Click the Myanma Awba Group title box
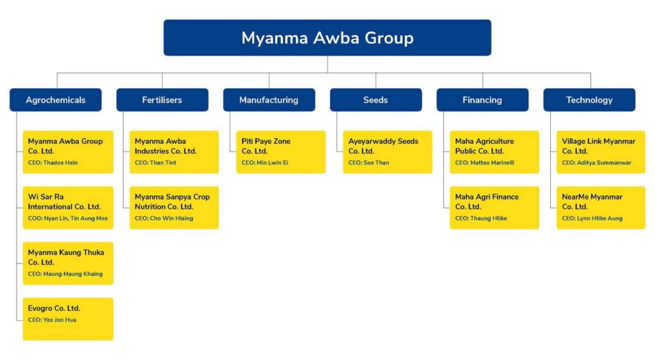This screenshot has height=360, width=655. tap(327, 38)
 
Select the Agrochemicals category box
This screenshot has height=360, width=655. tap(56, 100)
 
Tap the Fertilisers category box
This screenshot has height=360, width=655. tap(162, 100)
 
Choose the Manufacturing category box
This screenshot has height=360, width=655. tap(269, 100)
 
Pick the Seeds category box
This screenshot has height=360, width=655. tap(375, 100)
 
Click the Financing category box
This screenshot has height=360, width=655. tap(482, 100)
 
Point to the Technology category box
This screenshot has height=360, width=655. tap(589, 100)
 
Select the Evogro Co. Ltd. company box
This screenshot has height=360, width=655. tap(68, 318)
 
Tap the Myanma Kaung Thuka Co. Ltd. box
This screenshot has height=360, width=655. tap(68, 263)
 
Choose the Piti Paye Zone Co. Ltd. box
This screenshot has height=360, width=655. tap(281, 152)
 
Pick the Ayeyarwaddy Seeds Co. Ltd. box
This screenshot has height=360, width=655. tap(388, 152)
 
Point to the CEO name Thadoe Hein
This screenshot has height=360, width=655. tap(62, 163)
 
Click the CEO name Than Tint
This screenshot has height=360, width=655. tap(163, 163)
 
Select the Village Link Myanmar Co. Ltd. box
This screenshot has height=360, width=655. tap(601, 152)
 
